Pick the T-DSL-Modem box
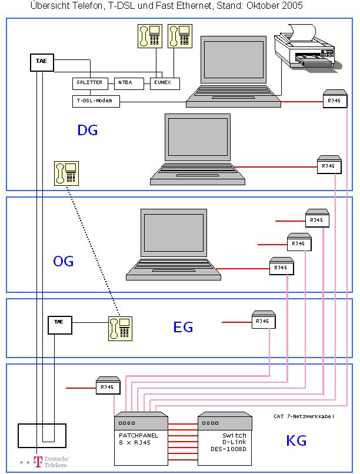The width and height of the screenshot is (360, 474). pos(96,102)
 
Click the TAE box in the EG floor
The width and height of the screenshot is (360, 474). pos(59,322)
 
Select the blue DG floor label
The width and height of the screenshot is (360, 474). pos(87,131)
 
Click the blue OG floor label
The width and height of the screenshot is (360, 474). pos(63,261)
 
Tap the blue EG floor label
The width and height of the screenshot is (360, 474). pos(183,328)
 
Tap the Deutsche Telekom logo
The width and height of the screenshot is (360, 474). pos(49,462)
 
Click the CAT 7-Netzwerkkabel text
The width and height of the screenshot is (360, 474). pos(304,416)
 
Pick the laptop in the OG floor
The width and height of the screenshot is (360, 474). pos(172,245)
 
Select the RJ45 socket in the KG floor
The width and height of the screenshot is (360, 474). pos(108,386)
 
